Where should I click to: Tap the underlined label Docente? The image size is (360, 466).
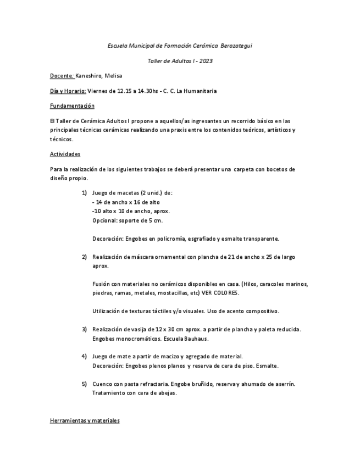click(62, 75)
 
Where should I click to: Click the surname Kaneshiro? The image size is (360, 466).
click(90, 75)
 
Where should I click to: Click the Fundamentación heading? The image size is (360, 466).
click(72, 106)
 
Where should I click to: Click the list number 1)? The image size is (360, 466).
click(85, 193)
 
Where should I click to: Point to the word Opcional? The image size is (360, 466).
click(105, 220)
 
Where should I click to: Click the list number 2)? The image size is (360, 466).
click(85, 257)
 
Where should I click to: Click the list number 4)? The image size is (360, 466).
click(85, 356)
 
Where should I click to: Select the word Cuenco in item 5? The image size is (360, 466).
click(102, 384)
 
